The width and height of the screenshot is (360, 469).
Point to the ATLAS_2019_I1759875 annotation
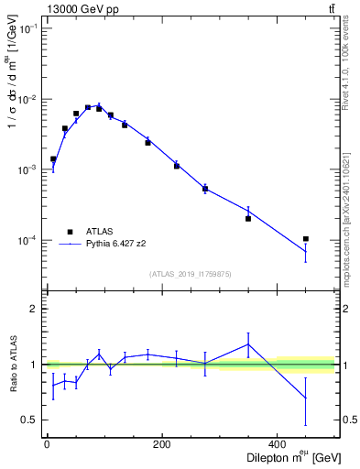191,274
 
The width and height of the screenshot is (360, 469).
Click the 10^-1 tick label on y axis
27,29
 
